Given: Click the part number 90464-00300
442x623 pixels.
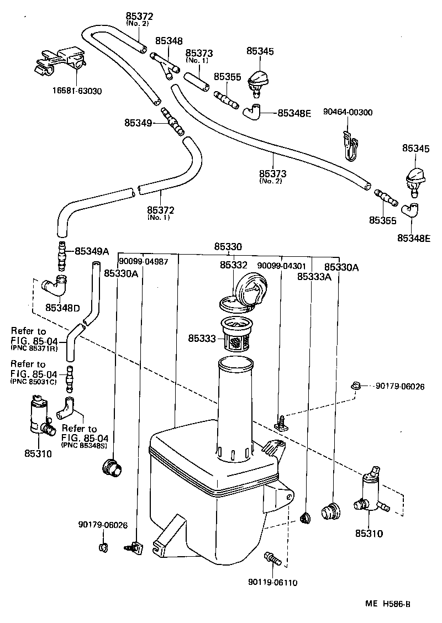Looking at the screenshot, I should (x=349, y=112).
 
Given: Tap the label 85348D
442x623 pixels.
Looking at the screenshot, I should (x=62, y=307).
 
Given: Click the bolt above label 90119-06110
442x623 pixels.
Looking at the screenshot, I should (x=273, y=558).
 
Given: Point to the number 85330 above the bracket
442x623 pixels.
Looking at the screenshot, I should (x=228, y=247).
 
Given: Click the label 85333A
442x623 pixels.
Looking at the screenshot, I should (x=314, y=276).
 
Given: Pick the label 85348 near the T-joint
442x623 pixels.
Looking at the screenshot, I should (x=169, y=41).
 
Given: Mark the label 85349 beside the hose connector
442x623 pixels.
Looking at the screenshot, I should (x=138, y=123).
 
